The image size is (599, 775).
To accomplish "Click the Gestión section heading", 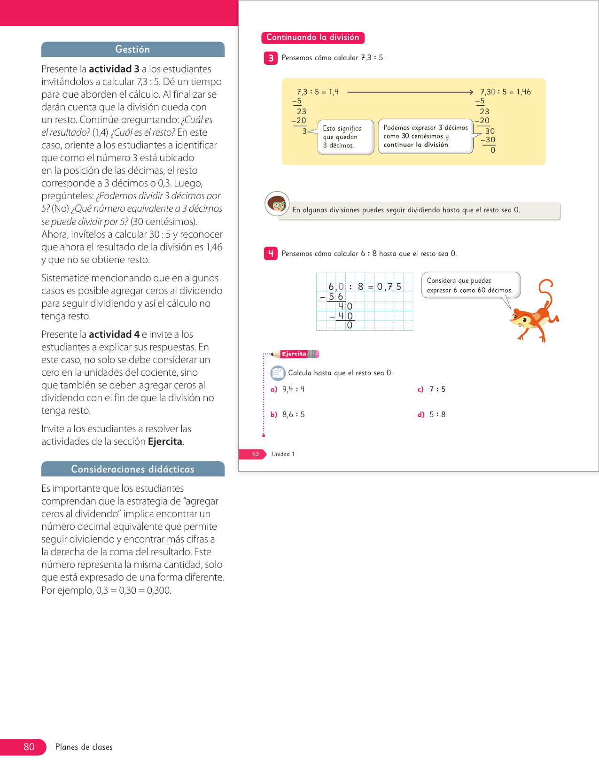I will coord(132,49).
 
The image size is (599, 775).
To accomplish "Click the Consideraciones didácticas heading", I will coord(132,469).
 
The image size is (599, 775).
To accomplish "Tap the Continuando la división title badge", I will coord(312,38).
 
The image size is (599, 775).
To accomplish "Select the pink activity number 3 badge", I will coord(271,58).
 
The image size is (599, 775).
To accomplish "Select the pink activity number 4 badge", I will coord(271,254).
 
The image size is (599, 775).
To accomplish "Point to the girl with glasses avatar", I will coord(277,204).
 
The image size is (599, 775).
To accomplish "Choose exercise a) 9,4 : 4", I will coord(288,389).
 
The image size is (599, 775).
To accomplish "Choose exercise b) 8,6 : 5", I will coord(288,415).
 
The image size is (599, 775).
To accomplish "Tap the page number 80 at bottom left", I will coord(29,747).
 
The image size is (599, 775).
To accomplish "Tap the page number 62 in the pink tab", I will coord(256,454).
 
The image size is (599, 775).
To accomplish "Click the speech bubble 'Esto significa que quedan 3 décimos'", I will coord(345,137).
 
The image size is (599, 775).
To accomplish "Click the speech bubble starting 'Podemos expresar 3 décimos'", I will coord(425,136).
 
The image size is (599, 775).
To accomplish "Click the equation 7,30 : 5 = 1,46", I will coord(505,92).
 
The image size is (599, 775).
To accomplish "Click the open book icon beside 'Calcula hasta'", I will coord(278,373).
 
